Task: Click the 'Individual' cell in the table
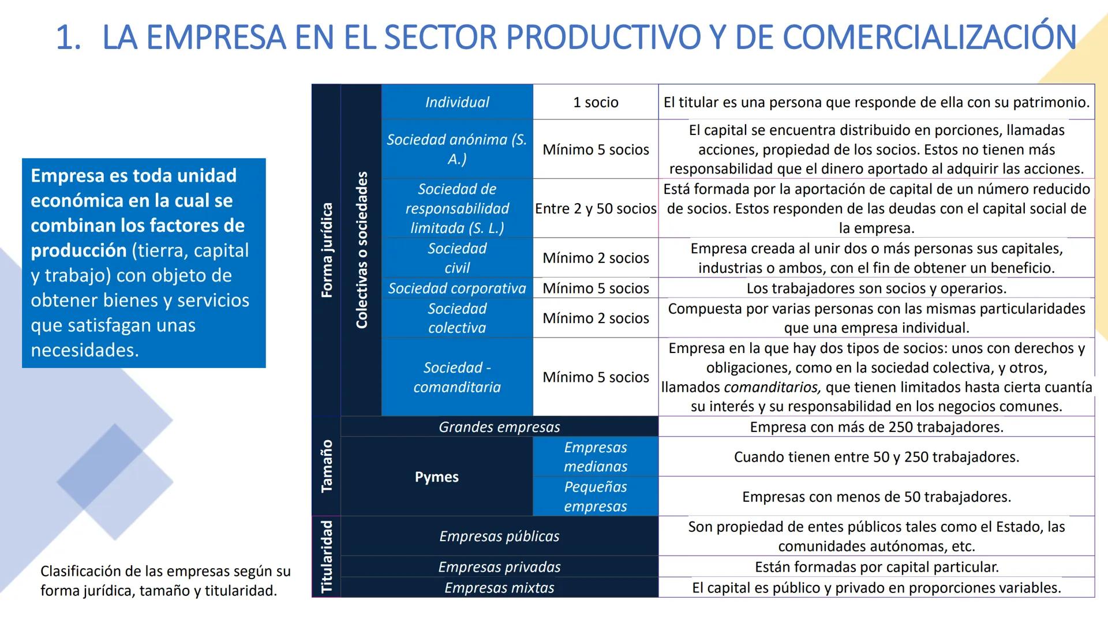point(456,102)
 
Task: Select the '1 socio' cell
point(595,102)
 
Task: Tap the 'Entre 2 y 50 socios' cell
point(595,208)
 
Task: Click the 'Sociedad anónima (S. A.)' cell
point(456,149)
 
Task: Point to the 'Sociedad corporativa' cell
point(456,288)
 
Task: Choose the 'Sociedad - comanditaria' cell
point(456,377)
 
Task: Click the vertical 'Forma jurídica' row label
point(327,250)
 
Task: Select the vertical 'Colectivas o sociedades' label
point(361,250)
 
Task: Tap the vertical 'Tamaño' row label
point(327,466)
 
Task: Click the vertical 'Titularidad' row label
point(327,556)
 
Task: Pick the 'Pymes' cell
point(436,476)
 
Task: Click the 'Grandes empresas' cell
point(499,427)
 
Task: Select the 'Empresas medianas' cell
point(595,456)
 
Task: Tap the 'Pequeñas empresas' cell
point(595,496)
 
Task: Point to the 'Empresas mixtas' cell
point(499,587)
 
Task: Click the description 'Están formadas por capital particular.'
point(876,566)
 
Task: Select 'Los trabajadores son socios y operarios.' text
point(876,288)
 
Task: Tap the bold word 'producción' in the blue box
point(78,250)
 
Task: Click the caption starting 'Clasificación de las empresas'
point(165,580)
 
